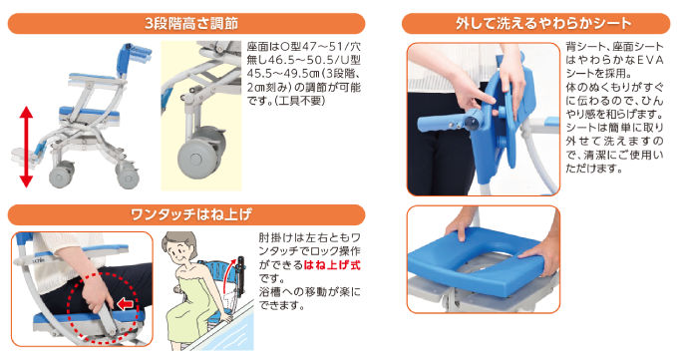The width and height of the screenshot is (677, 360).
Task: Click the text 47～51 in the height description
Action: pyautogui.click(x=318, y=47)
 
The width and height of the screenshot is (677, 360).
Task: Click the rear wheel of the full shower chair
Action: pyautogui.click(x=128, y=176)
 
